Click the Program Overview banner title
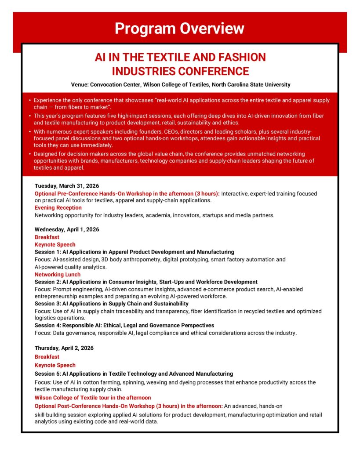point(179,29)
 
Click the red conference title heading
point(180,64)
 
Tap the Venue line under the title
point(180,84)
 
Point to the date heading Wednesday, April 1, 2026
point(67,229)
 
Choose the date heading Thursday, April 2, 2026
point(64,348)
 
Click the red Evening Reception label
point(58,207)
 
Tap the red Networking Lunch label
point(58,275)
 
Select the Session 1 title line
point(134,252)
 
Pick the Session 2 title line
point(146,282)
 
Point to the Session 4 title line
point(124,325)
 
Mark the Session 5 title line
point(134,374)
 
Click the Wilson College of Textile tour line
point(93,398)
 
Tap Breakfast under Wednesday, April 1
point(47,237)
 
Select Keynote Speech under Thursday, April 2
point(55,365)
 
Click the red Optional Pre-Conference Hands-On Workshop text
point(127,194)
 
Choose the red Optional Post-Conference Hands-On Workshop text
point(129,406)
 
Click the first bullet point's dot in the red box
point(29,101)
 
